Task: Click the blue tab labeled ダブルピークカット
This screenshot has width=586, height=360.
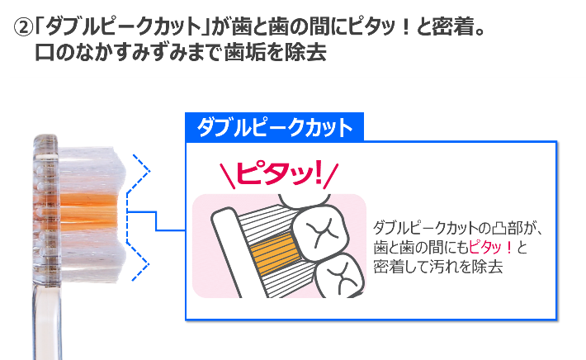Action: [x=274, y=127]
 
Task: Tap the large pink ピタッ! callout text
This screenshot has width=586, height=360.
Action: [x=279, y=174]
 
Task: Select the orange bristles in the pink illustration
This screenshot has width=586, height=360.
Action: [x=273, y=254]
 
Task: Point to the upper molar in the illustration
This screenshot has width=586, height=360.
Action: [x=320, y=232]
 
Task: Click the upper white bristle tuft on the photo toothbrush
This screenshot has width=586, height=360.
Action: [x=92, y=170]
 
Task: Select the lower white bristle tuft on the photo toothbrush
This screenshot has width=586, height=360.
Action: [x=92, y=254]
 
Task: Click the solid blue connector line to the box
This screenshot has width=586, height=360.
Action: [x=156, y=220]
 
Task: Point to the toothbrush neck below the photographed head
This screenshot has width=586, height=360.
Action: [x=48, y=321]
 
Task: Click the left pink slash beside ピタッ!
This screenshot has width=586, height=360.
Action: [x=227, y=176]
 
